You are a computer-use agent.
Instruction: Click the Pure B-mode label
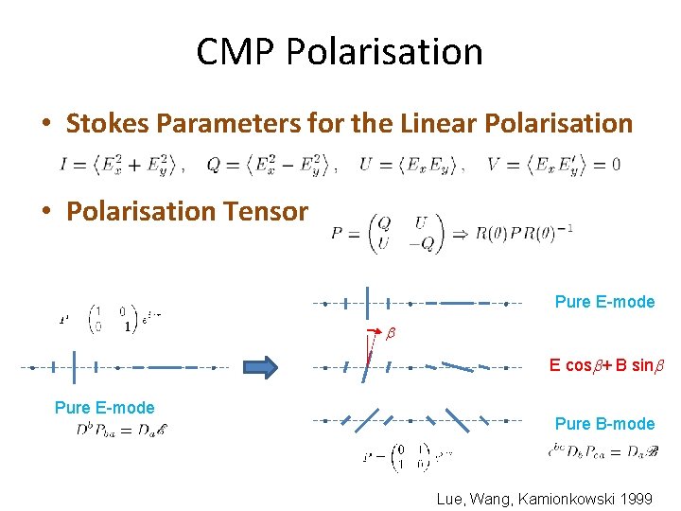[604, 423]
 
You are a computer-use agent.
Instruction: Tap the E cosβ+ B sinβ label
[606, 365]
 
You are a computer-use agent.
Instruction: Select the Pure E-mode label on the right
[604, 302]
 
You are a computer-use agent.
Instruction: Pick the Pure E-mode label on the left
[104, 408]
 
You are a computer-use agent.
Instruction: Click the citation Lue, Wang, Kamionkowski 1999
[544, 498]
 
